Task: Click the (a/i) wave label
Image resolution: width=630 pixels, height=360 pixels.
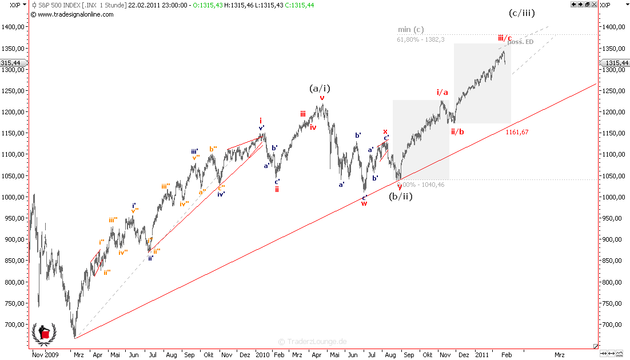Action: [x=320, y=88]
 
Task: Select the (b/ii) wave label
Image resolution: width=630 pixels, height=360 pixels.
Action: [x=401, y=197]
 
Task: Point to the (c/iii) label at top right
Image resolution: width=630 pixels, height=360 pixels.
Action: [x=522, y=13]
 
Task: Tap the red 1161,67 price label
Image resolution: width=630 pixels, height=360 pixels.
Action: [x=517, y=132]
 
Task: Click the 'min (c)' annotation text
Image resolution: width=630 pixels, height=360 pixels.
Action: [x=411, y=30]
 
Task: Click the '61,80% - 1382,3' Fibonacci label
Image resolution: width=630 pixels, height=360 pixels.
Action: [x=421, y=39]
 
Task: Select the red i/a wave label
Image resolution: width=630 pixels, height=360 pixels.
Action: [x=442, y=92]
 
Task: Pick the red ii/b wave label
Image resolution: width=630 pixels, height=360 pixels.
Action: [x=457, y=131]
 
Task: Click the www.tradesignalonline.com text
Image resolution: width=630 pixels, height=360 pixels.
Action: [x=75, y=14]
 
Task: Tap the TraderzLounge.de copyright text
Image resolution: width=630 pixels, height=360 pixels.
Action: [x=313, y=342]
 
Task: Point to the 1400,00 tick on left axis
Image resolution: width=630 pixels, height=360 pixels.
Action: [x=13, y=27]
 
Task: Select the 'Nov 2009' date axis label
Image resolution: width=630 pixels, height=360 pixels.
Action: [x=46, y=355]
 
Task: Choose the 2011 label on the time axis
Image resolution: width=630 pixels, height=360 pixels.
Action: [x=483, y=355]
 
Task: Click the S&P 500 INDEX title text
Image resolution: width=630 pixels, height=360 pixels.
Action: [x=60, y=5]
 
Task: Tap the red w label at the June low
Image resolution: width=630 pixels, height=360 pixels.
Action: [x=364, y=203]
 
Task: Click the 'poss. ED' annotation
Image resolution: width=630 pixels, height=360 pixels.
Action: [x=521, y=42]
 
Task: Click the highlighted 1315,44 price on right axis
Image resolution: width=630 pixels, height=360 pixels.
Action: [x=616, y=63]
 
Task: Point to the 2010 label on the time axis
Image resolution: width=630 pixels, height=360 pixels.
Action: [x=262, y=355]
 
